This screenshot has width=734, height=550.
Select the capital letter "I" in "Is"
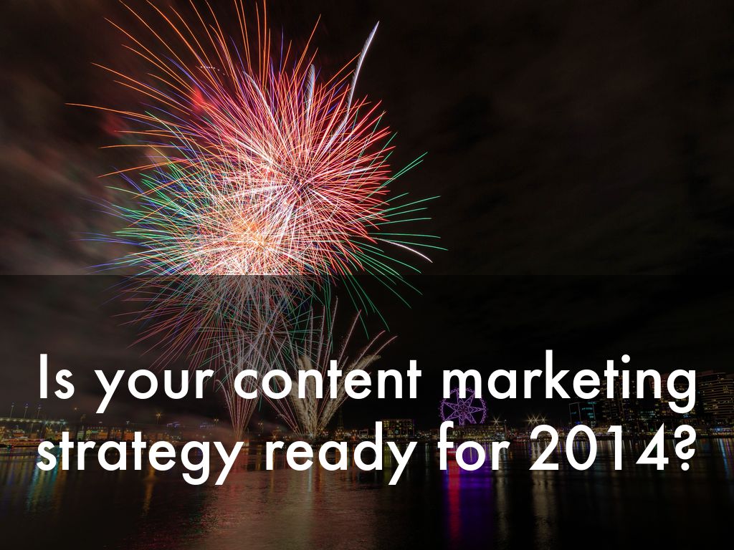[42, 377]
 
